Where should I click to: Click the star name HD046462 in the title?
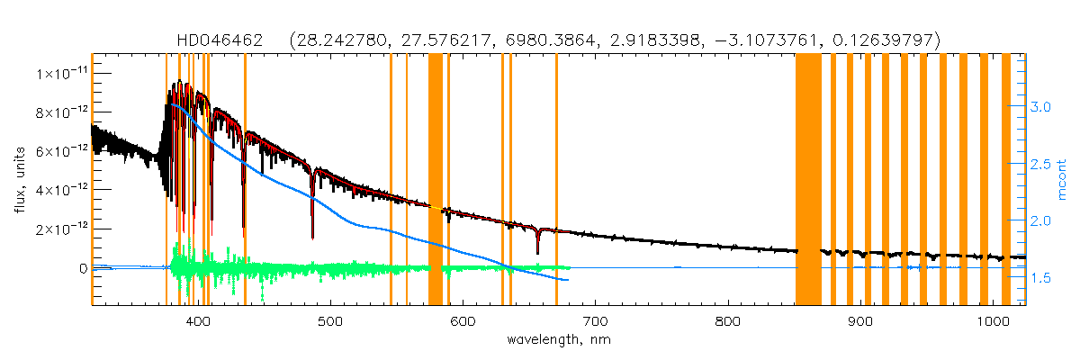[220, 40]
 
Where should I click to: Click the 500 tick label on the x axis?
[330, 321]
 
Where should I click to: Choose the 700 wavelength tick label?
[595, 321]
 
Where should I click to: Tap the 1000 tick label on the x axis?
[991, 321]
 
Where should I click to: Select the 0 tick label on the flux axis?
[82, 268]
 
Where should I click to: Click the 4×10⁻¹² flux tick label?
[60, 190]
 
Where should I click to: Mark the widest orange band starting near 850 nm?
[808, 180]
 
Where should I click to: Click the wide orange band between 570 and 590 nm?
[435, 180]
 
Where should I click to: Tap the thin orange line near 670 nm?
[556, 180]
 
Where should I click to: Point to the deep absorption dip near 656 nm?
[537, 247]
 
